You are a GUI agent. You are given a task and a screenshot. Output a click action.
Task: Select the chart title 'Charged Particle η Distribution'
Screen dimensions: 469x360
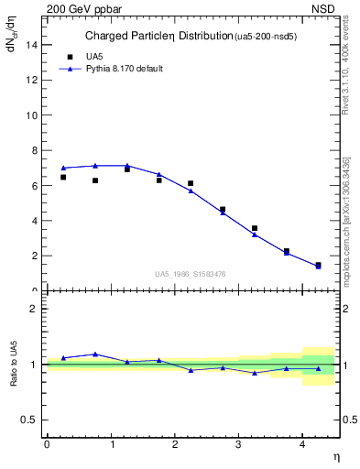(x=158, y=37)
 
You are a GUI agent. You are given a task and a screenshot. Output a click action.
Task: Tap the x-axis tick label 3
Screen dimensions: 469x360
(x=238, y=444)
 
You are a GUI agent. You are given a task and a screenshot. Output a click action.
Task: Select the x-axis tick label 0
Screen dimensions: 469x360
(x=47, y=444)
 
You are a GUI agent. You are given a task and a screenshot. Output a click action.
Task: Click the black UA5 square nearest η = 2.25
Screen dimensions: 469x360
(x=191, y=183)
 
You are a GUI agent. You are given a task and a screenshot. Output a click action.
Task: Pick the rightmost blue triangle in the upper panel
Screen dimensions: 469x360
(x=318, y=266)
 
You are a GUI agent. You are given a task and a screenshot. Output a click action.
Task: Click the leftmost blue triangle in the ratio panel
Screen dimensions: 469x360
(x=63, y=358)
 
